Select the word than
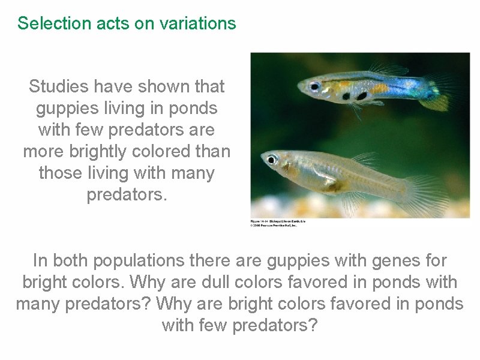212,152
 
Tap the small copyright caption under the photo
278,223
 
